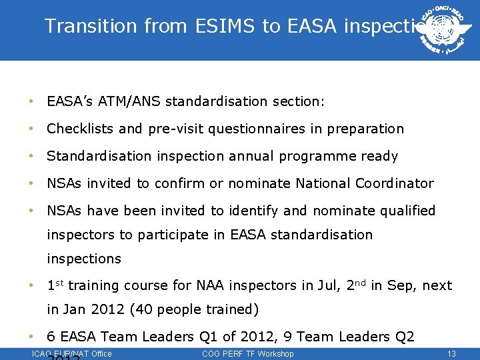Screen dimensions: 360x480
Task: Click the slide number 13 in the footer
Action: (x=451, y=353)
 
